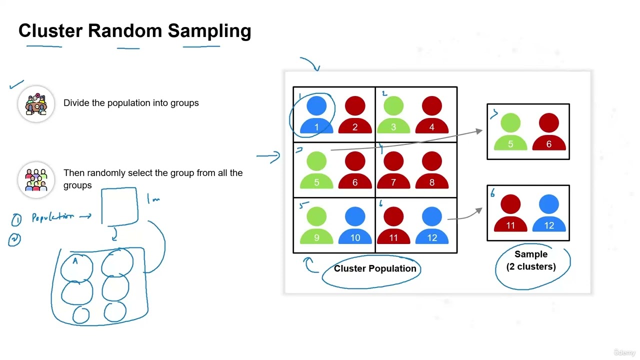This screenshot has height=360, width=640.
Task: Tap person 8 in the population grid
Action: point(431,170)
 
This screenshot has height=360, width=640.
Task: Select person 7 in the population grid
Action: point(393,170)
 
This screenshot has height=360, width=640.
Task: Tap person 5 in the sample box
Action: point(510,132)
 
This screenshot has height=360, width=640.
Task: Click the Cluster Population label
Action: point(375,268)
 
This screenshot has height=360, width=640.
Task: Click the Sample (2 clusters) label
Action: point(531,260)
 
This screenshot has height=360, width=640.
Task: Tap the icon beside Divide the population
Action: point(36,104)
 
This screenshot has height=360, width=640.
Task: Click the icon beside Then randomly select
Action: point(36,179)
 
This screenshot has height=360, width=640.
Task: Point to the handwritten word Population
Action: point(53,217)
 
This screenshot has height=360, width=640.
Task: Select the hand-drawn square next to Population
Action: point(119,206)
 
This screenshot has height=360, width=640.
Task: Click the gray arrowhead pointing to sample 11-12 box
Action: point(479,210)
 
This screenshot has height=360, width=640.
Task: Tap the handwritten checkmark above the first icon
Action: point(16,84)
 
